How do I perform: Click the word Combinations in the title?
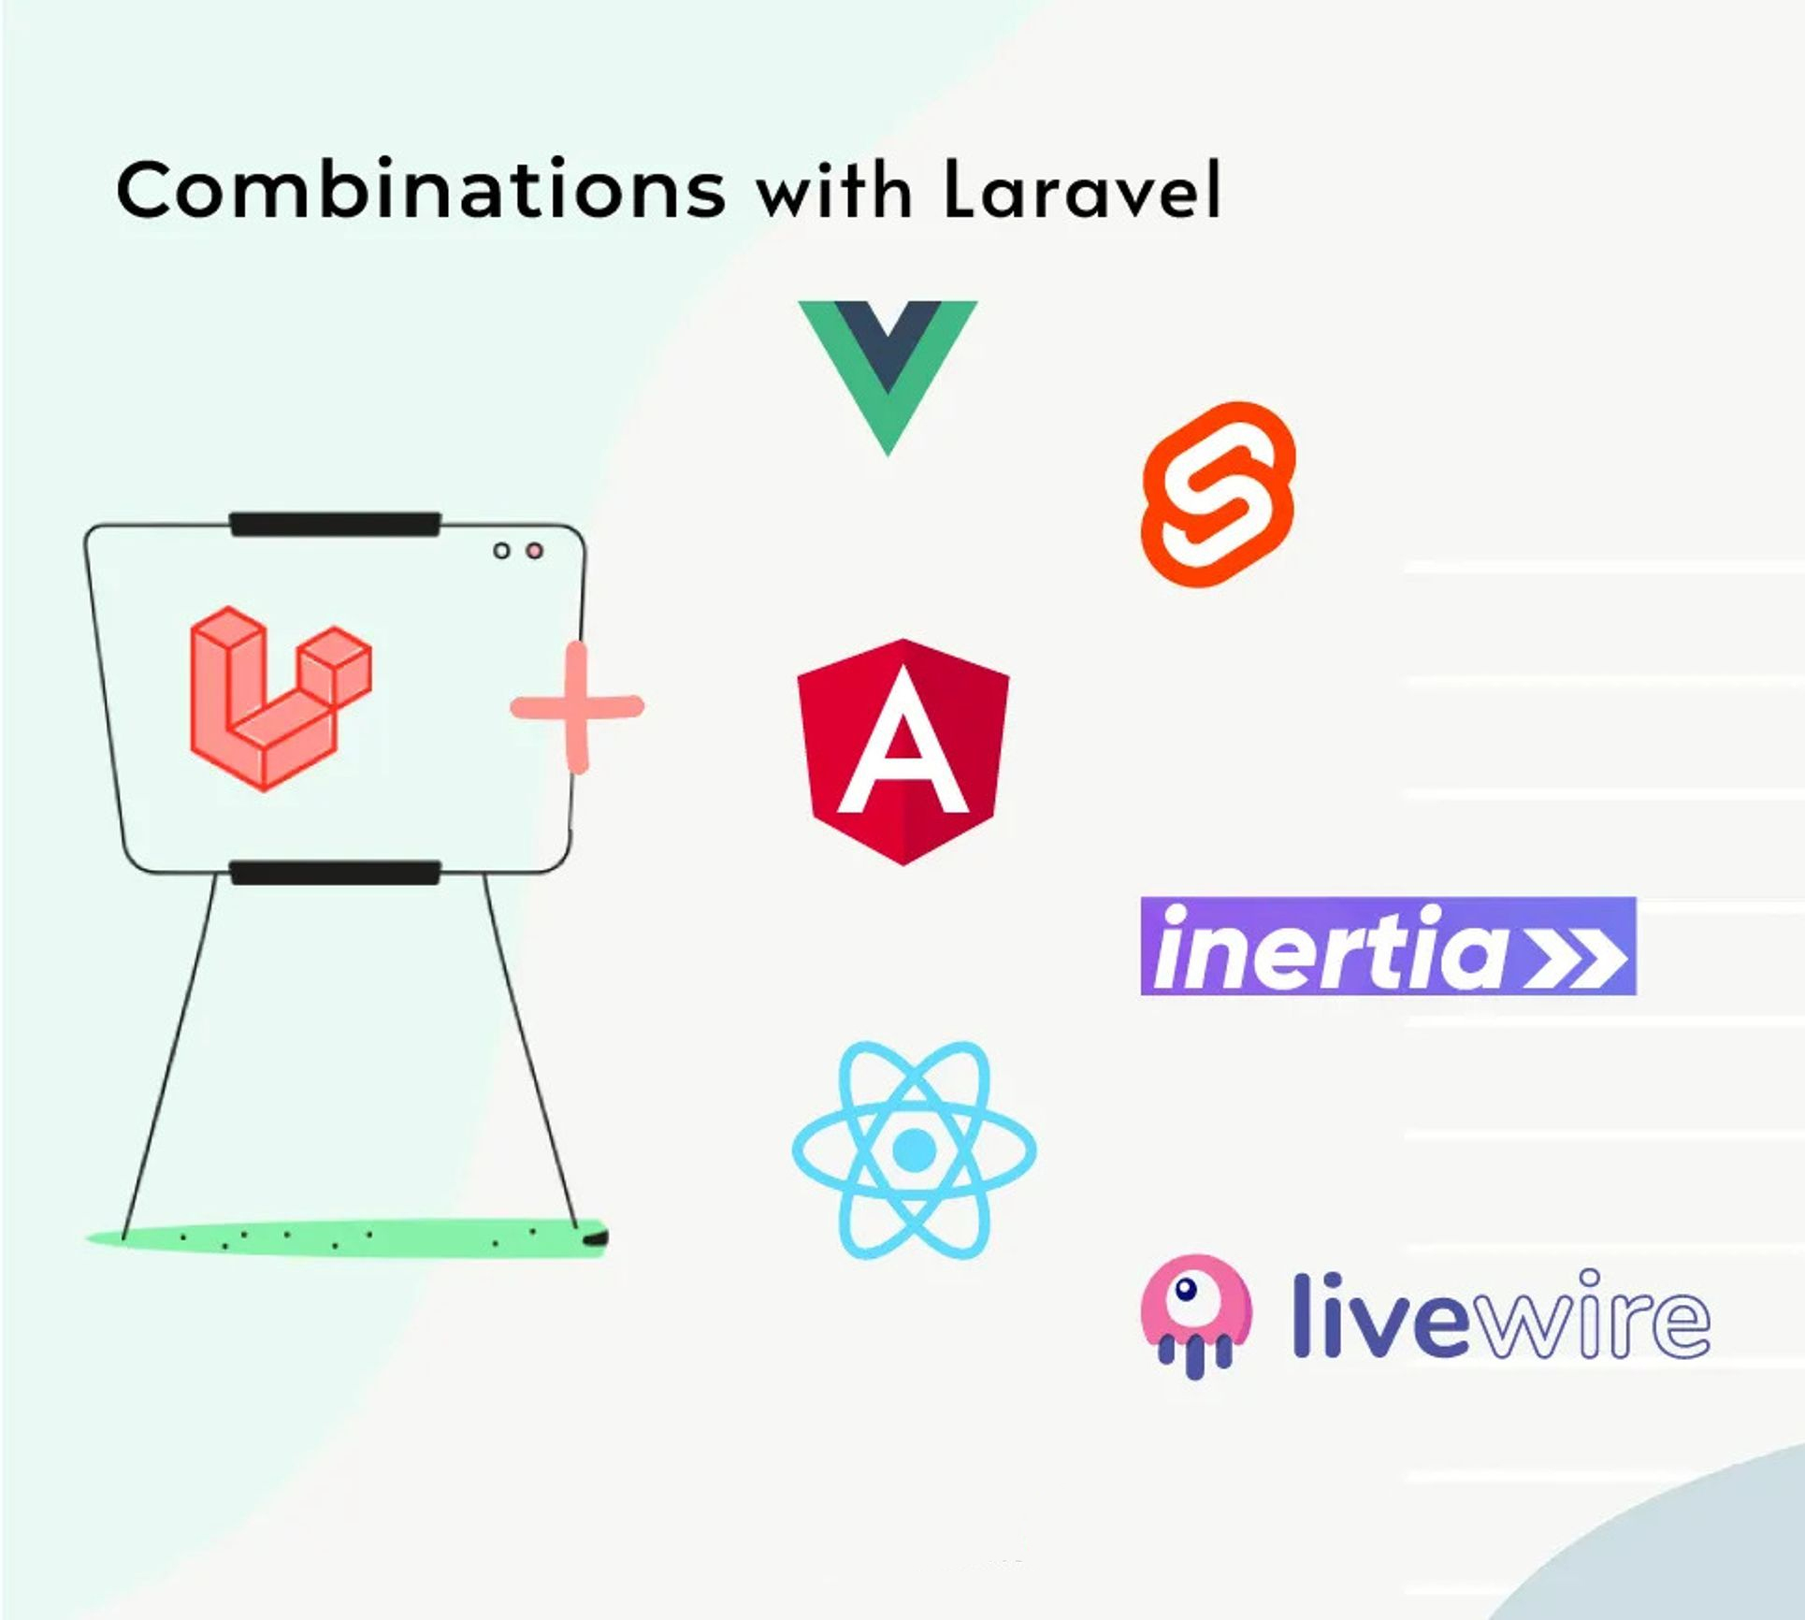(x=421, y=190)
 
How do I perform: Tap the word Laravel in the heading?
(x=1082, y=190)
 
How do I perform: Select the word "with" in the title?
(x=834, y=192)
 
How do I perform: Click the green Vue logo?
(x=888, y=377)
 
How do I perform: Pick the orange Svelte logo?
(x=1219, y=495)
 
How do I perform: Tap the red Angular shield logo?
(x=902, y=752)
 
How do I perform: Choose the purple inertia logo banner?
(x=1389, y=946)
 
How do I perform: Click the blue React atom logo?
(x=914, y=1150)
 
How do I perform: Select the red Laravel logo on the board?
(x=281, y=698)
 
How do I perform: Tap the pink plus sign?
(x=577, y=707)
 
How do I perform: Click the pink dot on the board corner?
(x=534, y=551)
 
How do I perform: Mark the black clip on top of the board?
(x=336, y=525)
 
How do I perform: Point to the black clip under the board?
(x=336, y=873)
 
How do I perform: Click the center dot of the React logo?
(x=914, y=1150)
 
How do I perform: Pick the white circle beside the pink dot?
(x=502, y=551)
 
